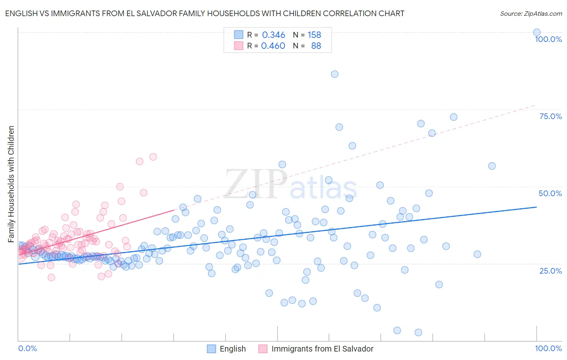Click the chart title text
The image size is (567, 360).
[204, 13]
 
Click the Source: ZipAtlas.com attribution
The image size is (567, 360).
[531, 13]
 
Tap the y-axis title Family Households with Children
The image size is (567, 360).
[11, 184]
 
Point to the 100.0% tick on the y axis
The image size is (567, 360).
[548, 39]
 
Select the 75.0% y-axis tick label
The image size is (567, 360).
[550, 116]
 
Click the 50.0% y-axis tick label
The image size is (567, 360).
[550, 193]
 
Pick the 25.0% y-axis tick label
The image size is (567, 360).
[550, 270]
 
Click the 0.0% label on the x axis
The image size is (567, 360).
[27, 348]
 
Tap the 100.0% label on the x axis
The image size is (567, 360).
[548, 348]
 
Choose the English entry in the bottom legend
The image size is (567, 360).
[233, 349]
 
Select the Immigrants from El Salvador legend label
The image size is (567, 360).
[322, 349]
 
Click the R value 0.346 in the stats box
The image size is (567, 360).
[273, 35]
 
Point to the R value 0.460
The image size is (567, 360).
[273, 46]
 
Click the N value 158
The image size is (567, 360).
[314, 35]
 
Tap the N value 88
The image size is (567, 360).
[316, 46]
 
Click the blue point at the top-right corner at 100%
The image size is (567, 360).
[537, 32]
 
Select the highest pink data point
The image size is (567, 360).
[153, 157]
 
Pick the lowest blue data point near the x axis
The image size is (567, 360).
[418, 333]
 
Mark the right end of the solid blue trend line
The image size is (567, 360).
[536, 207]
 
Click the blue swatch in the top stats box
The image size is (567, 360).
[239, 35]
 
